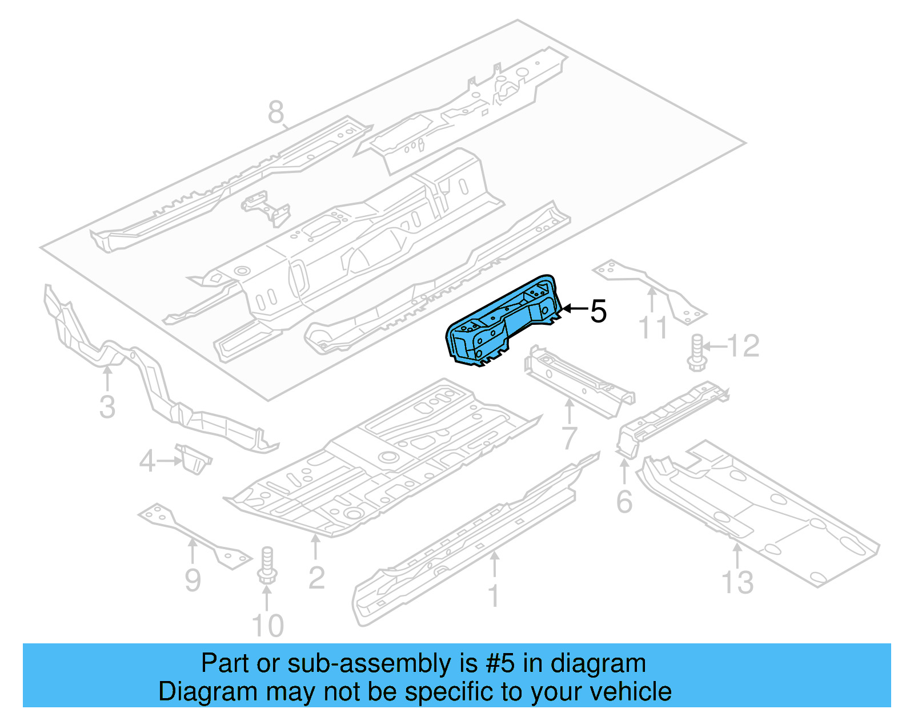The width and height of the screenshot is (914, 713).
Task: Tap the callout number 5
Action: (598, 311)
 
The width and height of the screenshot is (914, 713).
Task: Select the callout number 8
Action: (276, 112)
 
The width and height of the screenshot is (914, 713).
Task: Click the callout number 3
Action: (107, 407)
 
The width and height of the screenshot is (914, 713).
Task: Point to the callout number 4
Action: (147, 461)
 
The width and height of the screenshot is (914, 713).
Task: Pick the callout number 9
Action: (193, 580)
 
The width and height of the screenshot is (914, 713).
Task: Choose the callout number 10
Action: (267, 625)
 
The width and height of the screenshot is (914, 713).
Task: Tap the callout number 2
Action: (316, 578)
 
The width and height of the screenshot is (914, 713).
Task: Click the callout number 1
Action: (494, 596)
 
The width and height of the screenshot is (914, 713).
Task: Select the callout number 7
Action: (570, 438)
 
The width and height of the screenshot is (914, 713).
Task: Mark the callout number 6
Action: (624, 501)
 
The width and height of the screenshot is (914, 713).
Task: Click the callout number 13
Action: (737, 582)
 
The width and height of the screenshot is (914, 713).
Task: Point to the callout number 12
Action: (743, 346)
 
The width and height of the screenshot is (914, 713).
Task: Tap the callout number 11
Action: (652, 328)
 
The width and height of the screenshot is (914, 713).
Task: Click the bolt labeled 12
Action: (696, 352)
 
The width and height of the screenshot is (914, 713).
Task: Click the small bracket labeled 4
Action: (193, 458)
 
